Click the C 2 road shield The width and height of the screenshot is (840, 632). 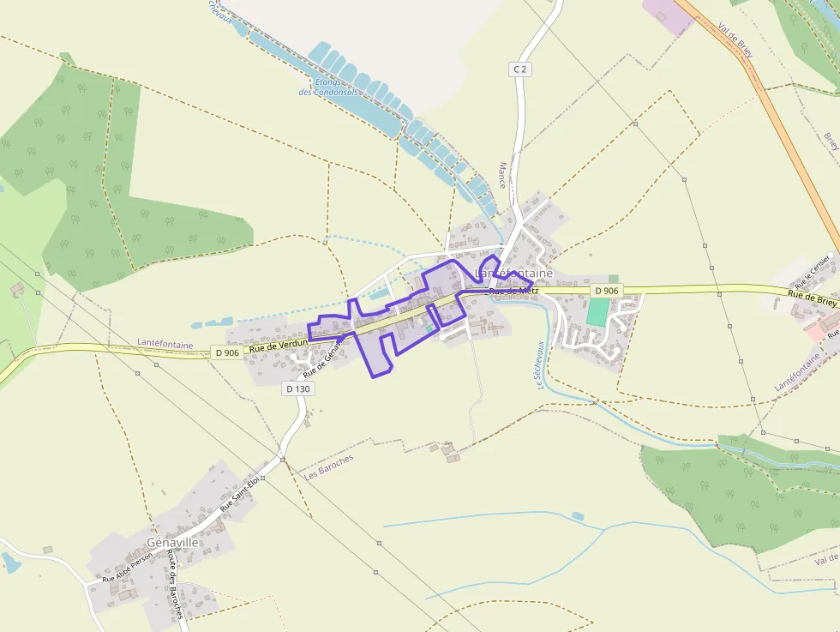519,69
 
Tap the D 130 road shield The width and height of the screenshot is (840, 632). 297,388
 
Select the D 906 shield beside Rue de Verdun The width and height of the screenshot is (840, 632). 227,352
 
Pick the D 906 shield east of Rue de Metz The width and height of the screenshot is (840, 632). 606,291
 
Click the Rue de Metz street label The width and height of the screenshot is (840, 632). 513,292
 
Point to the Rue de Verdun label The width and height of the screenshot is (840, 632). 279,346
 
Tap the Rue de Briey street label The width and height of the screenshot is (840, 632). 813,299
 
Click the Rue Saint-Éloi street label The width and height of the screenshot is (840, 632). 239,495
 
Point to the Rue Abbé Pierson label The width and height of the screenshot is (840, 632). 127,568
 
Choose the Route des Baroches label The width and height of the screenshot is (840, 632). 175,584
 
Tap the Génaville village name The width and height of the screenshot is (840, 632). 172,543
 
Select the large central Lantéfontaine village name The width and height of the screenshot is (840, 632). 513,273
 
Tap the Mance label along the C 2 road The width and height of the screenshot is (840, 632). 501,176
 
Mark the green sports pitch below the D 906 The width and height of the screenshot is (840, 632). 597,311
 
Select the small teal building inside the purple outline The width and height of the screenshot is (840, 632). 429,328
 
